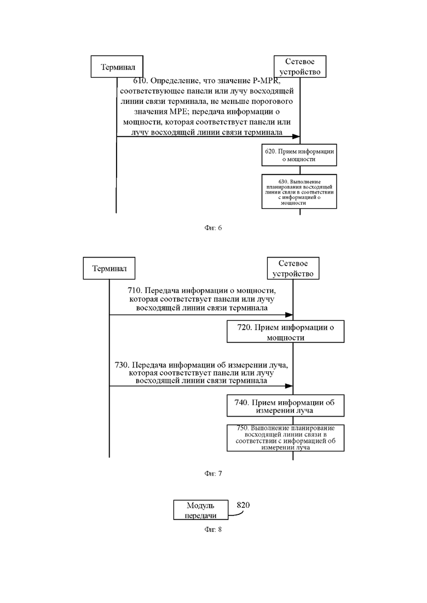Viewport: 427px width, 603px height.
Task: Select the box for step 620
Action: pyautogui.click(x=299, y=155)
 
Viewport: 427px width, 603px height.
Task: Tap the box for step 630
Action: pyautogui.click(x=299, y=191)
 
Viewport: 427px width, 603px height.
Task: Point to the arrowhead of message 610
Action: pyautogui.click(x=296, y=137)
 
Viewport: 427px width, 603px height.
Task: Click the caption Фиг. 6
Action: pyautogui.click(x=213, y=227)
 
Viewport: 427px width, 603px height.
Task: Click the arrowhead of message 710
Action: pyautogui.click(x=289, y=314)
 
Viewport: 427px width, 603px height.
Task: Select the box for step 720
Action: pyautogui.click(x=285, y=331)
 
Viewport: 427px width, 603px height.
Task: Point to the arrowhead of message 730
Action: pyautogui.click(x=289, y=386)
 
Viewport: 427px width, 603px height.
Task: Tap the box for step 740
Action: pyautogui.click(x=285, y=405)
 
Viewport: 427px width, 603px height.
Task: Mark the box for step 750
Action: pyautogui.click(x=285, y=438)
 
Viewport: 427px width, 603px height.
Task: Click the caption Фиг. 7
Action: pyautogui.click(x=213, y=473)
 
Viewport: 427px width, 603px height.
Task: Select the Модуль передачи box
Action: pyautogui.click(x=200, y=510)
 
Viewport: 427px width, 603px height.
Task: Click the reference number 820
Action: pyautogui.click(x=243, y=505)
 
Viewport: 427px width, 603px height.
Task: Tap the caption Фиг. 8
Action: pyautogui.click(x=213, y=530)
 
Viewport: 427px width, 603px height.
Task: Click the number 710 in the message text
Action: pyautogui.click(x=135, y=290)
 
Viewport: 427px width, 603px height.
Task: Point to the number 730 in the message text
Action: pyautogui.click(x=122, y=365)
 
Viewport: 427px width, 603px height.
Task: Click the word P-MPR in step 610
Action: pyautogui.click(x=267, y=81)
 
